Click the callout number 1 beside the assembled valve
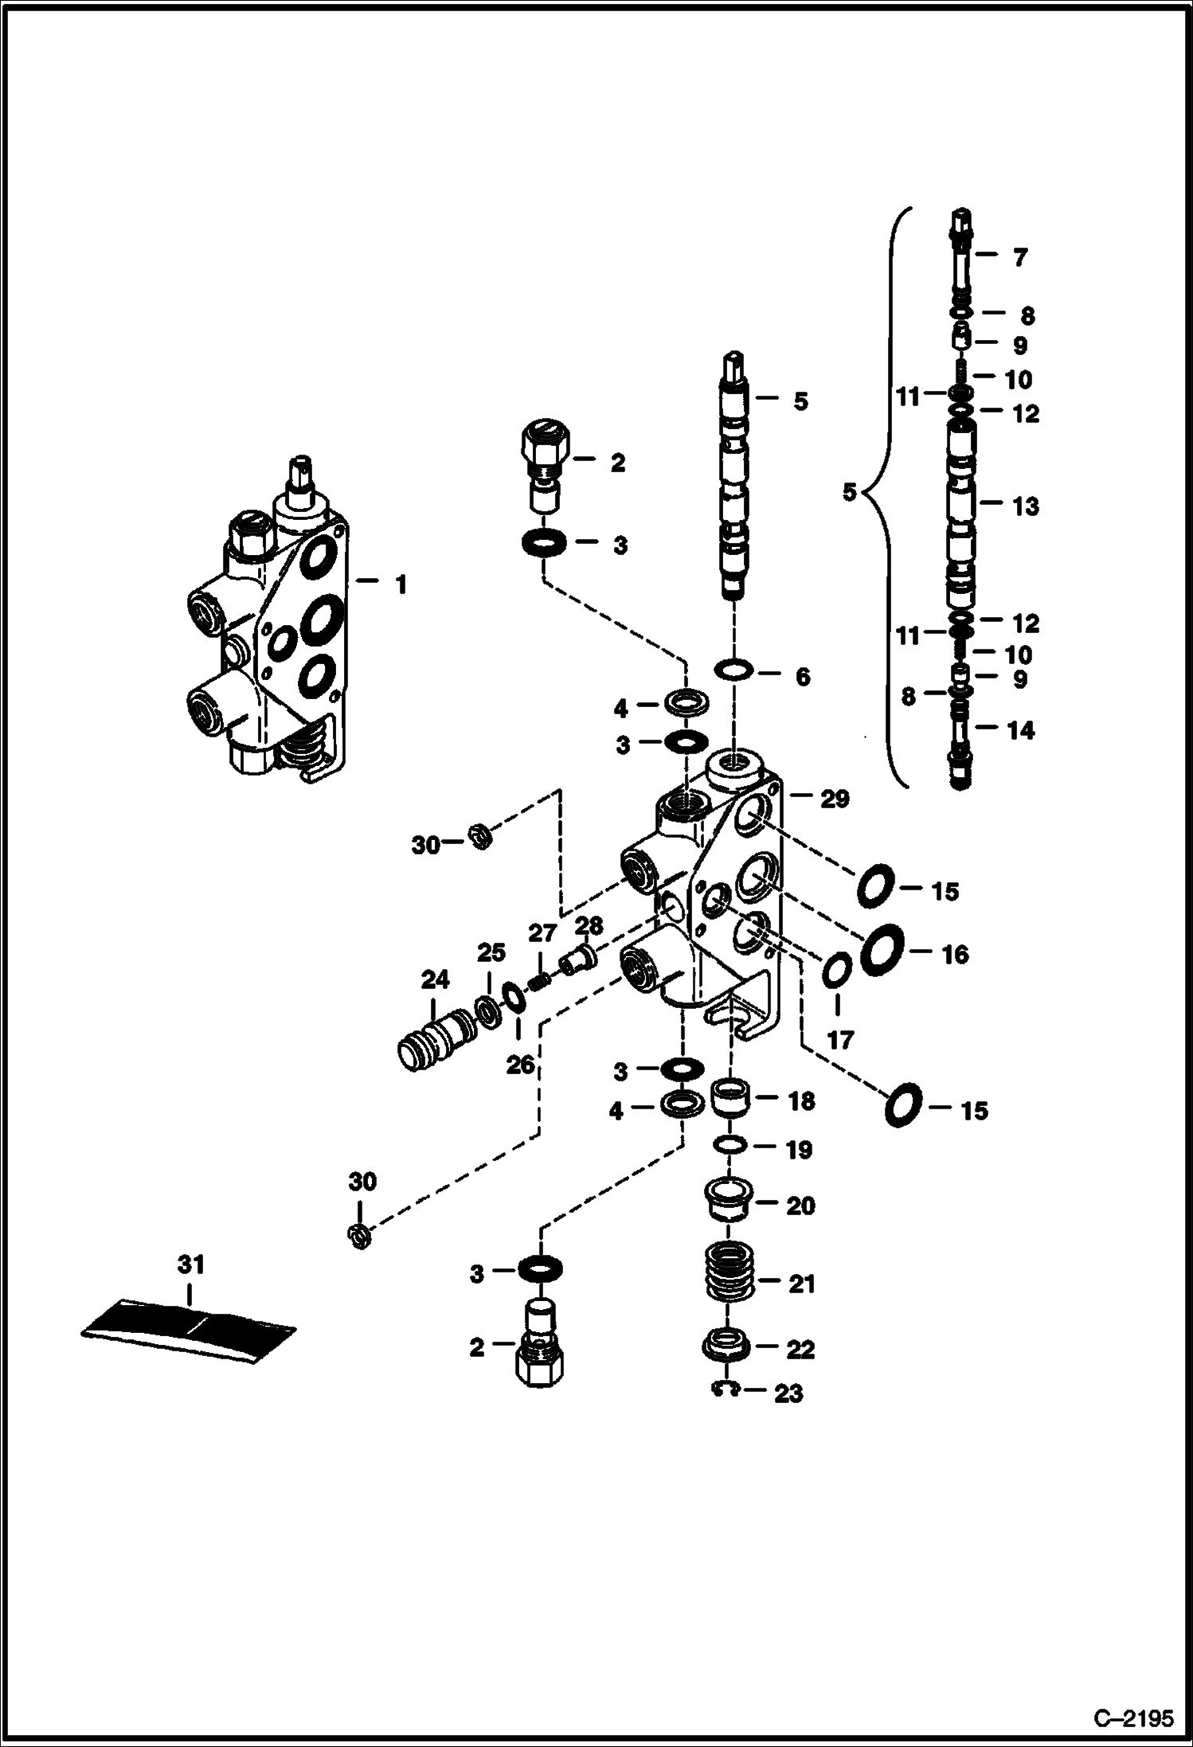pos(401,585)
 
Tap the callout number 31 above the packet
pos(190,1264)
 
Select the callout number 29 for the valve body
pos(834,799)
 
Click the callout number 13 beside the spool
pos(1027,506)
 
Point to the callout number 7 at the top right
pos(1019,257)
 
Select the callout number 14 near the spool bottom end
pos(1020,730)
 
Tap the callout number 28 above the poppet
pos(589,926)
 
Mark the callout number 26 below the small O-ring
pos(520,1065)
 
